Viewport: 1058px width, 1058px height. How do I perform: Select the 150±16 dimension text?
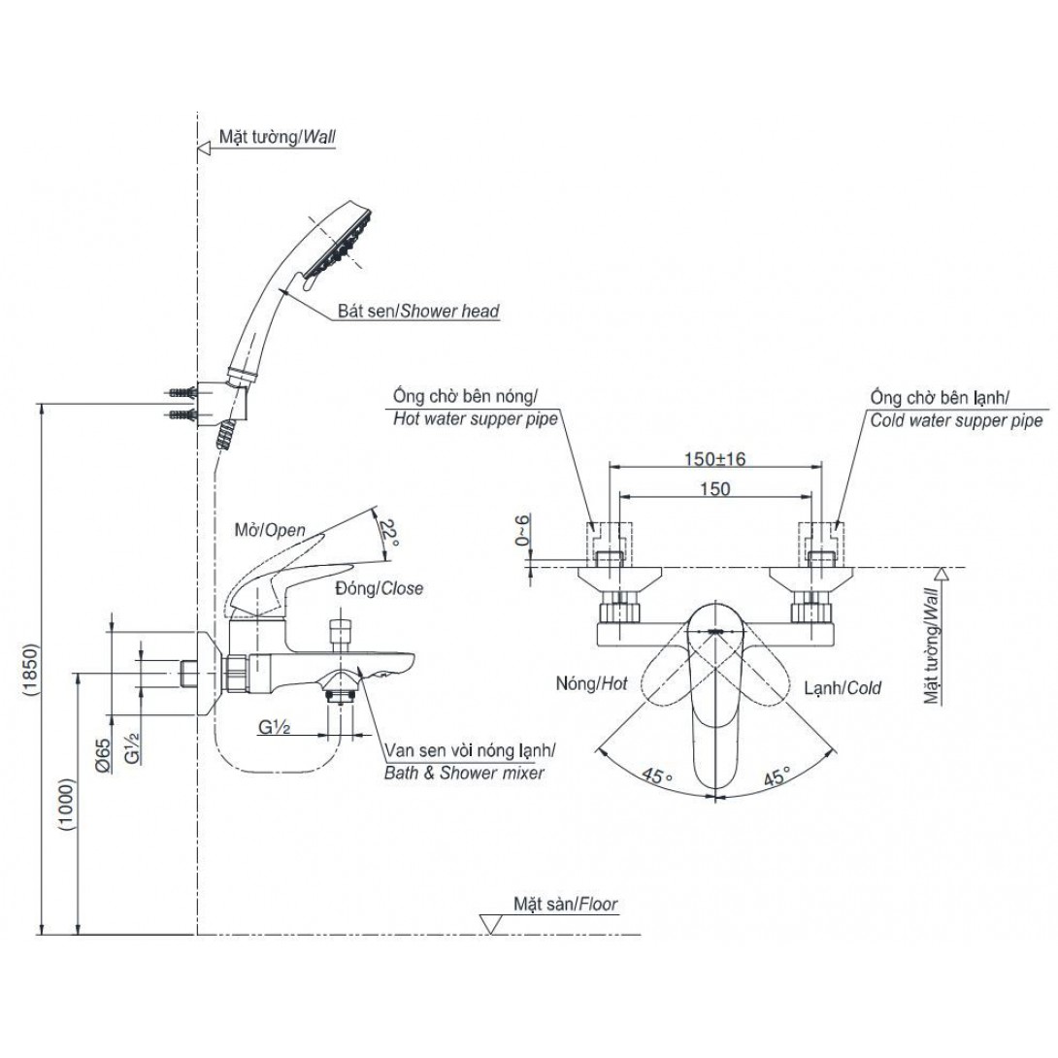click(x=714, y=459)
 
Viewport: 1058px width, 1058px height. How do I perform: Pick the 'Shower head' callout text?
click(x=417, y=312)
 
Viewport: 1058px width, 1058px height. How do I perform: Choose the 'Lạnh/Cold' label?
click(x=843, y=687)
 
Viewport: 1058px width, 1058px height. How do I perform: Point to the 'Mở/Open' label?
click(x=271, y=530)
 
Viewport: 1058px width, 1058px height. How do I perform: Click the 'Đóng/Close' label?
click(x=379, y=588)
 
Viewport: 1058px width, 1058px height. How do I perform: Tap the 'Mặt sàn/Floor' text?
click(x=566, y=904)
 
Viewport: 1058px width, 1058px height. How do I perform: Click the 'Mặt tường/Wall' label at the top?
click(x=277, y=138)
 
